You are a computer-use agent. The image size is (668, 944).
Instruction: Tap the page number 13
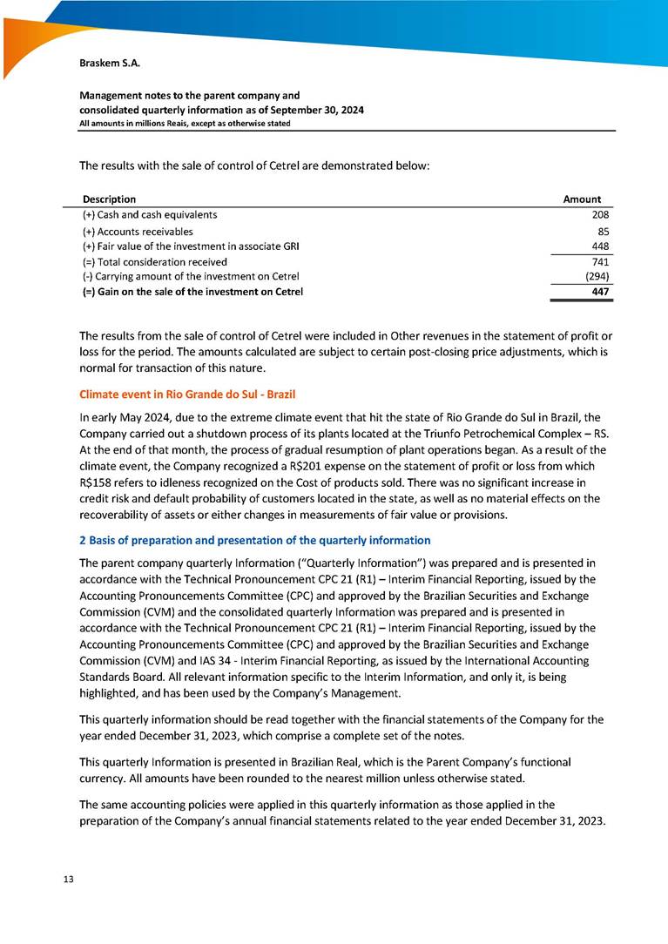tap(67, 878)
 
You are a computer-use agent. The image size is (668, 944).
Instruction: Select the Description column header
tap(110, 199)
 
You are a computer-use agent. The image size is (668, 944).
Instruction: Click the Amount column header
tap(582, 199)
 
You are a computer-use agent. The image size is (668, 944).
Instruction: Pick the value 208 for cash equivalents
tap(599, 215)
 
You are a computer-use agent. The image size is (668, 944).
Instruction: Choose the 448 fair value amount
tap(599, 246)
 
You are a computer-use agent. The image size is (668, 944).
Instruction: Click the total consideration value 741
tap(599, 262)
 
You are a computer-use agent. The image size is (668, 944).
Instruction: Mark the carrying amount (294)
tap(597, 277)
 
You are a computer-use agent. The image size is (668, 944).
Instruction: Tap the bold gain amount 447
tap(598, 292)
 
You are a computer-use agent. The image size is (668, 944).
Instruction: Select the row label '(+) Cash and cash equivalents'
tap(150, 215)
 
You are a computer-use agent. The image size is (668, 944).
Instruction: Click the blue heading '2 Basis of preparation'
tap(254, 540)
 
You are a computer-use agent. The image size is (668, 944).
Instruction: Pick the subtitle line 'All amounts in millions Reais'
tap(185, 124)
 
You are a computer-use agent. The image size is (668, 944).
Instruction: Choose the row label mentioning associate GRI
tap(179, 246)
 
